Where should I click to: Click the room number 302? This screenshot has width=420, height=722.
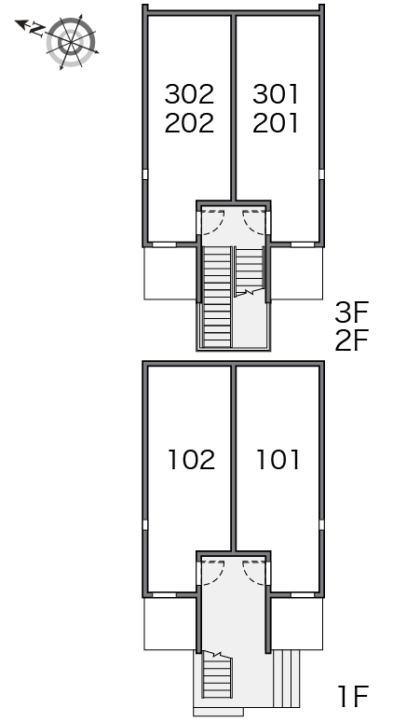pos(189,94)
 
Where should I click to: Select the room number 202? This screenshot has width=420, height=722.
pos(189,123)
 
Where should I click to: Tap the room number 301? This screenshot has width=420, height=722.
pos(276,94)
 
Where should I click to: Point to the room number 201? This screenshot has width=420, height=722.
pos(276,123)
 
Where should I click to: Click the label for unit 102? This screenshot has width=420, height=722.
pos(192,460)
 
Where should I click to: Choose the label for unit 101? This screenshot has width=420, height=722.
pos(278,460)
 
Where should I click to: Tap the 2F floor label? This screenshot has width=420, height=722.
pos(352,340)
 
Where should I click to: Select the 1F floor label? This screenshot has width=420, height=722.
pos(353,696)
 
